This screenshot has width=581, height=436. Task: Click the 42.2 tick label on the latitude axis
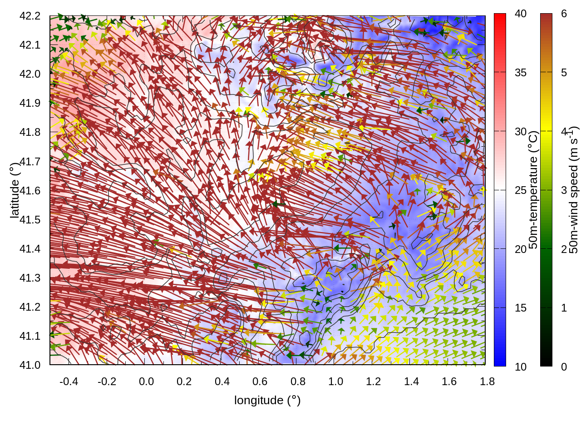pos(30,16)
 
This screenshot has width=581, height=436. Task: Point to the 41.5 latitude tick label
pos(30,220)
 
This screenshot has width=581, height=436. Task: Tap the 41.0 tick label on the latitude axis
pos(30,365)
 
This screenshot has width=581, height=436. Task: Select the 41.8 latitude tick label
pos(30,132)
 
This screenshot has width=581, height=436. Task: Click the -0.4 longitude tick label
pos(69,381)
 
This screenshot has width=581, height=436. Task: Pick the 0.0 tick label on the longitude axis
pos(146,381)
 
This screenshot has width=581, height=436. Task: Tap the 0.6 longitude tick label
pos(260,381)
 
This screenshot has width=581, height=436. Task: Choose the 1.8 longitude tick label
pos(487,381)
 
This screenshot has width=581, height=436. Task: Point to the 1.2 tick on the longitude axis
pos(374,381)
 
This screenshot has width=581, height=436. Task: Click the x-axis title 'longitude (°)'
pos(267,400)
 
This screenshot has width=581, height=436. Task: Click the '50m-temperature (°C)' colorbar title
pos(533,190)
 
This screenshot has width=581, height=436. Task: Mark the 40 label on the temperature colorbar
pos(521,14)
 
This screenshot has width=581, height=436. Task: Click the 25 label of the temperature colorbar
pos(521,190)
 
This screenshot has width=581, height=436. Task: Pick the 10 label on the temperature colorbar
pos(521,367)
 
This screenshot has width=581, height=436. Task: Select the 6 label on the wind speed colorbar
pos(564,14)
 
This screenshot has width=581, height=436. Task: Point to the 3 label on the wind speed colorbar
pos(564,190)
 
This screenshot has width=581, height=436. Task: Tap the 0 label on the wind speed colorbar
pos(564,367)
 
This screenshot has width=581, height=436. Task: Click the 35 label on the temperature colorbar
pos(521,73)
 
